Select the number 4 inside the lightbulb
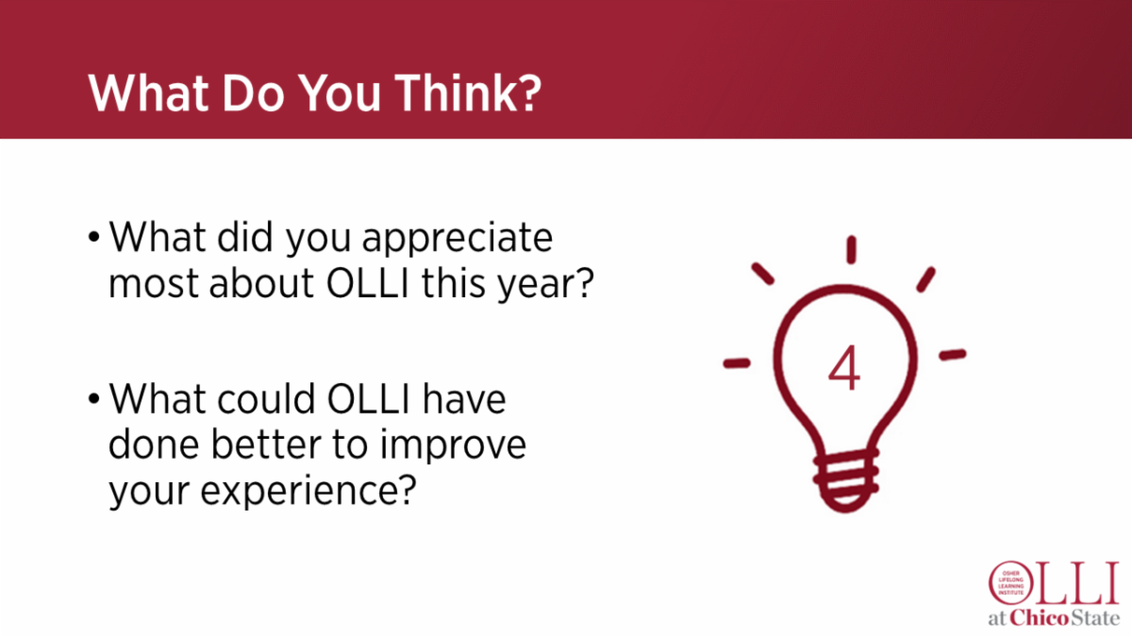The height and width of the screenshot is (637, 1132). [x=844, y=370]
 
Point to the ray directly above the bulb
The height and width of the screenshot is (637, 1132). [x=851, y=250]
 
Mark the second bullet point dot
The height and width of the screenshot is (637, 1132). [x=93, y=399]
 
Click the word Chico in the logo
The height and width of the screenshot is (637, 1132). [x=1043, y=619]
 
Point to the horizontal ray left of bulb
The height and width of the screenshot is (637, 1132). [x=736, y=361]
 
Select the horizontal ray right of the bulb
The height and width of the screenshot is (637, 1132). [x=953, y=355]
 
